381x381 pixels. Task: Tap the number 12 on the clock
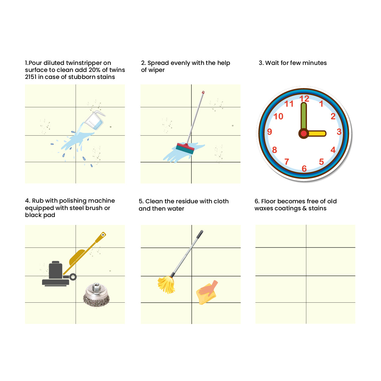coord(304,98)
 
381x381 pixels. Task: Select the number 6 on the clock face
coord(304,169)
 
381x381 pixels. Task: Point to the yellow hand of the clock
coord(316,134)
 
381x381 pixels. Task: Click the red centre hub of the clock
coord(304,134)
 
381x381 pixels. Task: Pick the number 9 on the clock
coord(269,132)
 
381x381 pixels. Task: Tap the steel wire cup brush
coord(96,295)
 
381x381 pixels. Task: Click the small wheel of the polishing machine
coord(73,277)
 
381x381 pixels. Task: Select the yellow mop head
coord(166,284)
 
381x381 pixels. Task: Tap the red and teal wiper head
coord(185,148)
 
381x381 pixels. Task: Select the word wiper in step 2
coord(156,70)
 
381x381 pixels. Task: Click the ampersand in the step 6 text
coord(305,208)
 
